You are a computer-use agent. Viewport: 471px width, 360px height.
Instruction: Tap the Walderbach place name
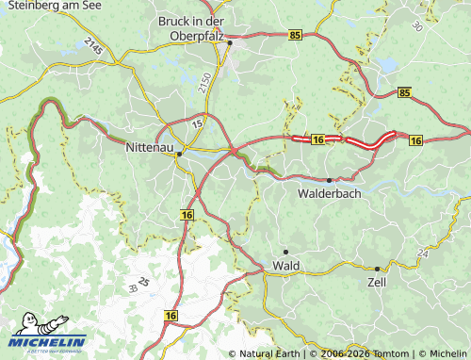329,193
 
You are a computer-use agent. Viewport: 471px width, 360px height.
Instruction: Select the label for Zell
377,282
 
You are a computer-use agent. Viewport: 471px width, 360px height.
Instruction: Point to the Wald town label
285,266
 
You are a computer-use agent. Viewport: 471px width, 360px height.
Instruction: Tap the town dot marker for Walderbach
329,179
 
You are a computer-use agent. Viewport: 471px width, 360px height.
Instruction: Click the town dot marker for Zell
377,269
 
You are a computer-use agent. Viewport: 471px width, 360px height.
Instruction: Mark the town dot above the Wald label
285,252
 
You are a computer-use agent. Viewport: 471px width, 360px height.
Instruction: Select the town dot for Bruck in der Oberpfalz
229,42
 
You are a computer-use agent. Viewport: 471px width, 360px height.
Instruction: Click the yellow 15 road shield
198,123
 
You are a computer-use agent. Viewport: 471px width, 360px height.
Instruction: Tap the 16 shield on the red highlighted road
317,139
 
